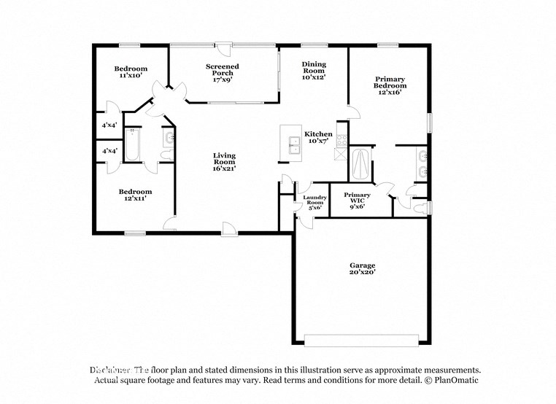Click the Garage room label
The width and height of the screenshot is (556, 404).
click(x=362, y=269)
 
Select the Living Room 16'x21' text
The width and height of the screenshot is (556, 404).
click(x=224, y=162)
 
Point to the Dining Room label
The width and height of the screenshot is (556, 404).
click(x=314, y=70)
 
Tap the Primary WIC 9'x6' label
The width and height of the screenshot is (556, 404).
click(x=357, y=199)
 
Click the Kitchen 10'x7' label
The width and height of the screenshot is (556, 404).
click(x=318, y=138)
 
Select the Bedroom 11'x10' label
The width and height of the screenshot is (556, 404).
click(x=131, y=71)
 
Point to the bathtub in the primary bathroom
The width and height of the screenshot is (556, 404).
click(x=360, y=164)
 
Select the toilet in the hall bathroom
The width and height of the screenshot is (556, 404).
click(x=167, y=155)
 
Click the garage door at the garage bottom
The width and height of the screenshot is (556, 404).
click(x=361, y=340)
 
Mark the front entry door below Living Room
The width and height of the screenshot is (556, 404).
click(x=229, y=233)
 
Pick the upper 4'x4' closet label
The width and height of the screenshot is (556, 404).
click(x=109, y=125)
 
